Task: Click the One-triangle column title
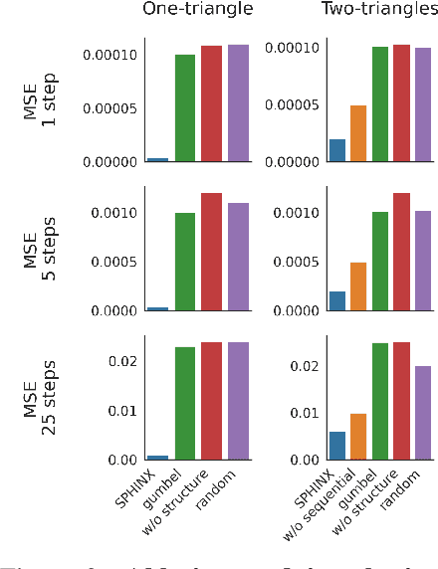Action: (x=198, y=10)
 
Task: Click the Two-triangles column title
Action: (x=379, y=10)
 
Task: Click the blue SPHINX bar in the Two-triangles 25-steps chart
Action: (x=337, y=446)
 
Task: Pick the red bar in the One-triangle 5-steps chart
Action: (x=211, y=252)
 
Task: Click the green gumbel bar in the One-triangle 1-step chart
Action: (x=185, y=107)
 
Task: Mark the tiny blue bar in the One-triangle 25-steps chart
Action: (x=158, y=458)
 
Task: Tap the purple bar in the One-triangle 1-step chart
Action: (x=238, y=102)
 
